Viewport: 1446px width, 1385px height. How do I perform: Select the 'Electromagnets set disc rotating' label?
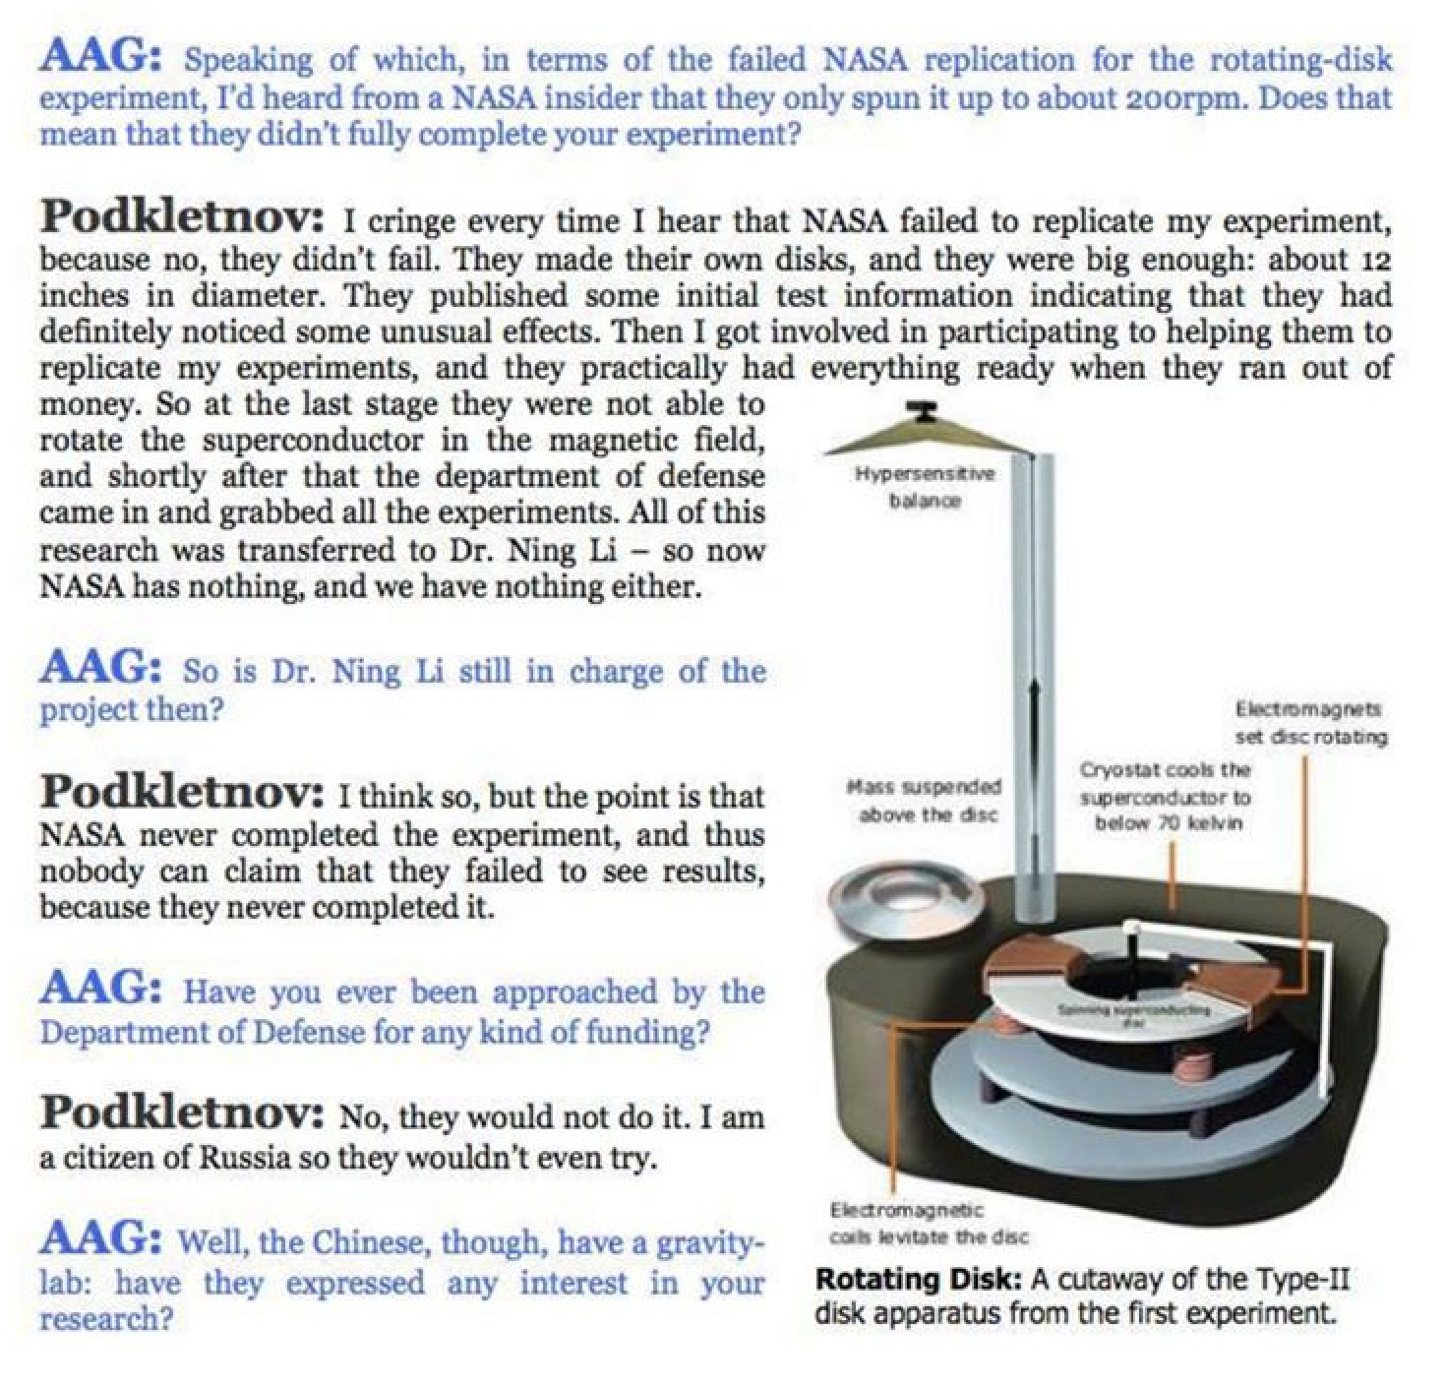(1311, 723)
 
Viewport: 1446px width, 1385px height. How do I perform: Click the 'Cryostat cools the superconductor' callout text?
(1167, 796)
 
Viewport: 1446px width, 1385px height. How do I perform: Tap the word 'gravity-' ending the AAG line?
(709, 1242)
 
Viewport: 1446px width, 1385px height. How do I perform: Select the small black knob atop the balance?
(922, 408)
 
